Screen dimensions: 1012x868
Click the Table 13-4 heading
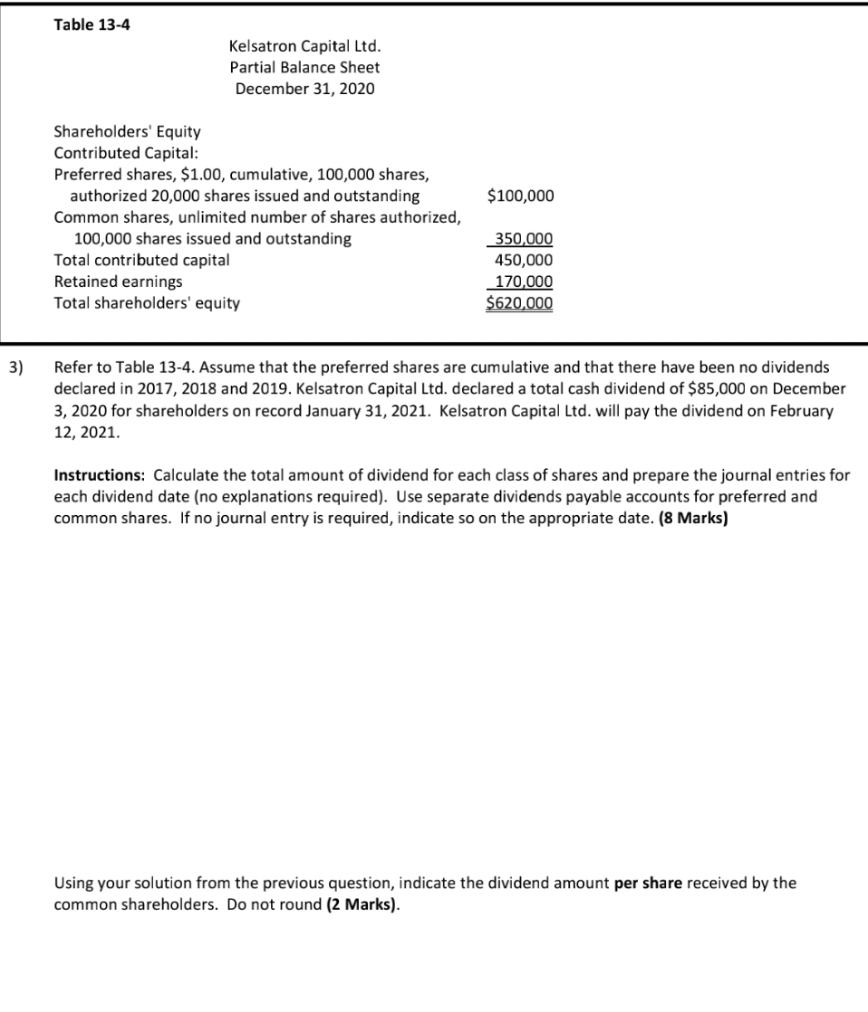(92, 24)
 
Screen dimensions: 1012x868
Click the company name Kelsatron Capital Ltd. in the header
(304, 45)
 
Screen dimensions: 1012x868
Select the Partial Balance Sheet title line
(304, 67)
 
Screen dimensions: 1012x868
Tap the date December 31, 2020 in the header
(304, 89)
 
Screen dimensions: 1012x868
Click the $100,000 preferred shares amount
(520, 196)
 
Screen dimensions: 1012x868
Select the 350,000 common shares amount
(520, 239)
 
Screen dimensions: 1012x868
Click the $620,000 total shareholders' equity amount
(520, 303)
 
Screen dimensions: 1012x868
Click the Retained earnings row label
(118, 282)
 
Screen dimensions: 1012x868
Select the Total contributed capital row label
(142, 260)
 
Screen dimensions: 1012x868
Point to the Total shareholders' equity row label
(148, 303)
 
